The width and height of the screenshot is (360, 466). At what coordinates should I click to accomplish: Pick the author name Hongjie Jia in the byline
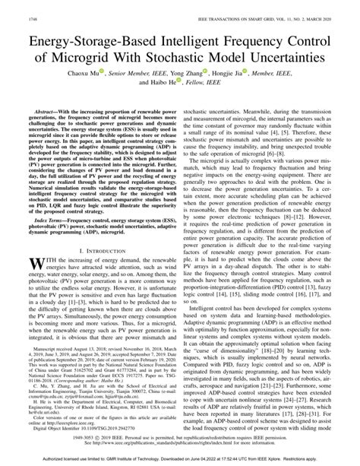[248, 77]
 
